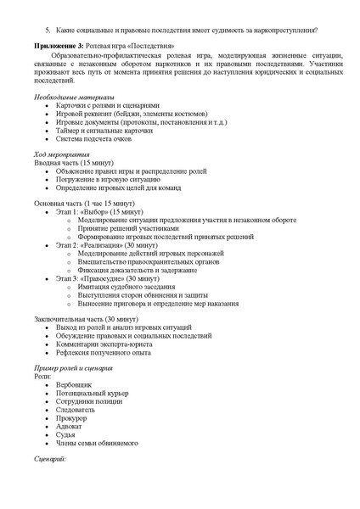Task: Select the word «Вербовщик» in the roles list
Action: click(76, 385)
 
